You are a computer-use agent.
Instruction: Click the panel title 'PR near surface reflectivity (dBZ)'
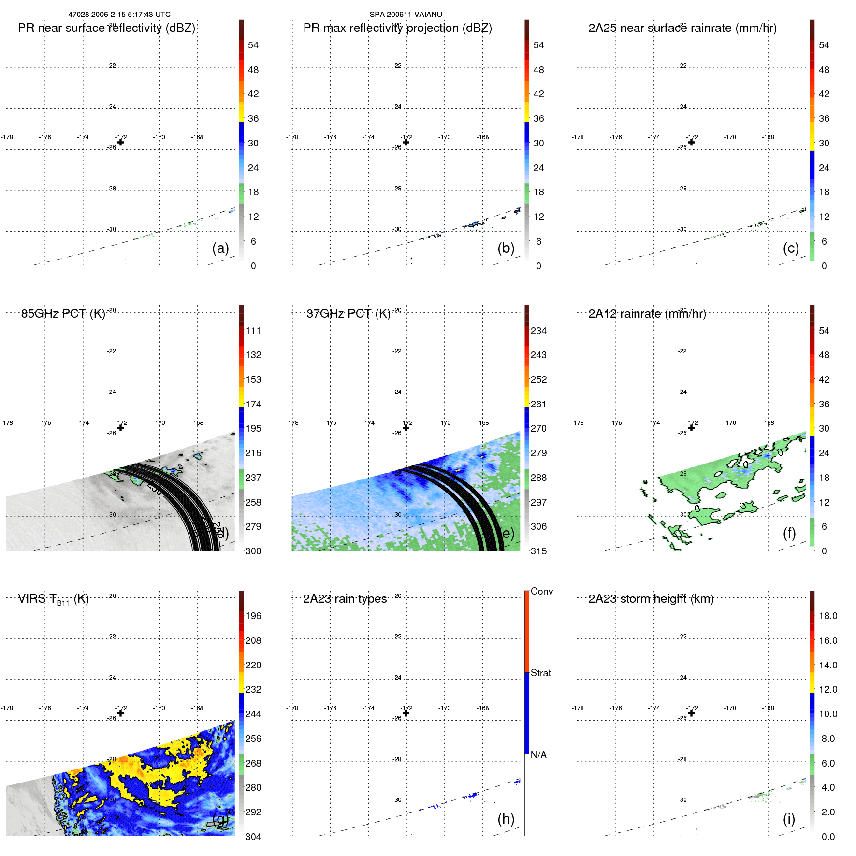[x=106, y=28]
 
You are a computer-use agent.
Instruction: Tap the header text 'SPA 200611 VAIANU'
[x=406, y=15]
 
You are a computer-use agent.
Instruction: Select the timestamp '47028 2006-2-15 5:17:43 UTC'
[x=119, y=15]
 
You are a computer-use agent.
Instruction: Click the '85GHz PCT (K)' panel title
[x=63, y=314]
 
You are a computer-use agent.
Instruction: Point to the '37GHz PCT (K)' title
[x=348, y=314]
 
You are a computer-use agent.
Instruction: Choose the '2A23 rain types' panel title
[x=345, y=599]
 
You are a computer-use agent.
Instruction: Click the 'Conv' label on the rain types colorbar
[x=541, y=591]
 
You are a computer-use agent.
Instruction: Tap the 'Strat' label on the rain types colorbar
[x=540, y=673]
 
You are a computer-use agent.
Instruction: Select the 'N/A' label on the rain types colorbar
[x=538, y=755]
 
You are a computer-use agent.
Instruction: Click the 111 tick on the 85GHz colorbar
[x=253, y=331]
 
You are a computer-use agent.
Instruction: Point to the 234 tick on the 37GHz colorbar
[x=538, y=331]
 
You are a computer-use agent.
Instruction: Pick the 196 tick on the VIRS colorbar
[x=253, y=616]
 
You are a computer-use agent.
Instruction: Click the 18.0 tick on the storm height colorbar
[x=828, y=616]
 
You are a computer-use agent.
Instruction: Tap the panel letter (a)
[x=220, y=248]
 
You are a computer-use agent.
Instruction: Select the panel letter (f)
[x=789, y=533]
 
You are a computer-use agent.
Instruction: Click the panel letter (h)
[x=506, y=818]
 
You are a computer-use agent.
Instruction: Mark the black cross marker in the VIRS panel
[x=121, y=713]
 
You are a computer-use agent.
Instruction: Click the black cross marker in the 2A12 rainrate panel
[x=691, y=428]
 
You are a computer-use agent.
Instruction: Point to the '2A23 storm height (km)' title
[x=651, y=599]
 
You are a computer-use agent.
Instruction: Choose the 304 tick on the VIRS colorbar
[x=253, y=837]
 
